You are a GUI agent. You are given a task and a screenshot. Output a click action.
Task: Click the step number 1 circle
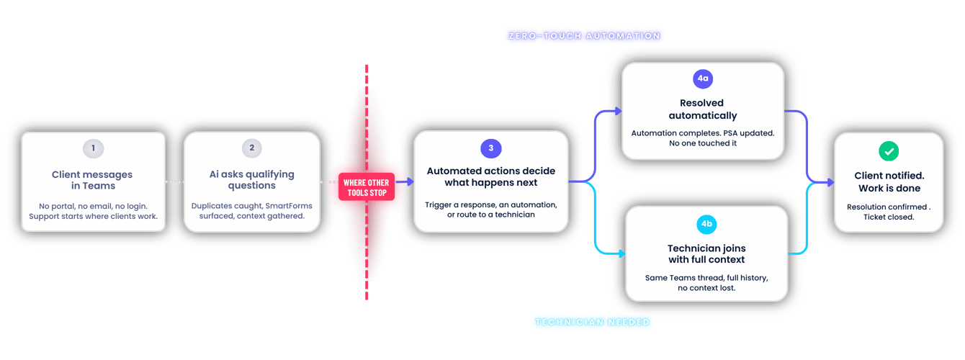pyautogui.click(x=93, y=148)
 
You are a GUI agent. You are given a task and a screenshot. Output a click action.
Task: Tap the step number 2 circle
pyautogui.click(x=251, y=148)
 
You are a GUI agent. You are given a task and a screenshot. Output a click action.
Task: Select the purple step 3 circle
pyautogui.click(x=491, y=148)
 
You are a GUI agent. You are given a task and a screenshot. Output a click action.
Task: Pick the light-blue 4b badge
pyautogui.click(x=706, y=224)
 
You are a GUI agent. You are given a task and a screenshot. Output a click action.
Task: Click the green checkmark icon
pyautogui.click(x=889, y=150)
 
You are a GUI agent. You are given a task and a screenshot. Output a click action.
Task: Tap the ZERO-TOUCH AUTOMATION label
pyautogui.click(x=583, y=35)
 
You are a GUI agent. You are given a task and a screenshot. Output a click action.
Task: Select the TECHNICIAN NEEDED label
pyautogui.click(x=591, y=323)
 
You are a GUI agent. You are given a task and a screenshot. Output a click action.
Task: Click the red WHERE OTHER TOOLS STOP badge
pyautogui.click(x=366, y=187)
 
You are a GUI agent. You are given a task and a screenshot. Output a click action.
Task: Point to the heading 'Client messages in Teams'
pyautogui.click(x=92, y=180)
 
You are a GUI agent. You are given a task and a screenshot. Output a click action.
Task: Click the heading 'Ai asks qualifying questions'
pyautogui.click(x=251, y=180)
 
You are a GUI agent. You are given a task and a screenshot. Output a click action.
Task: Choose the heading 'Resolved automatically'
pyautogui.click(x=701, y=109)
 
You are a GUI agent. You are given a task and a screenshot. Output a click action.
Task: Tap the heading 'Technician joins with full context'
pyautogui.click(x=706, y=253)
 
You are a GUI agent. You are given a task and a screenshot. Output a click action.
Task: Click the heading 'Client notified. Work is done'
pyautogui.click(x=889, y=182)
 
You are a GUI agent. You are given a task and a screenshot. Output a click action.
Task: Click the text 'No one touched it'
pyautogui.click(x=701, y=143)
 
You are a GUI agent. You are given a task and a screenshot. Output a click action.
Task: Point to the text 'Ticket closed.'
pyautogui.click(x=889, y=217)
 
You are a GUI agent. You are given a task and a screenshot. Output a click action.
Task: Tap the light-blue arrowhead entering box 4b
pyautogui.click(x=619, y=254)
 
